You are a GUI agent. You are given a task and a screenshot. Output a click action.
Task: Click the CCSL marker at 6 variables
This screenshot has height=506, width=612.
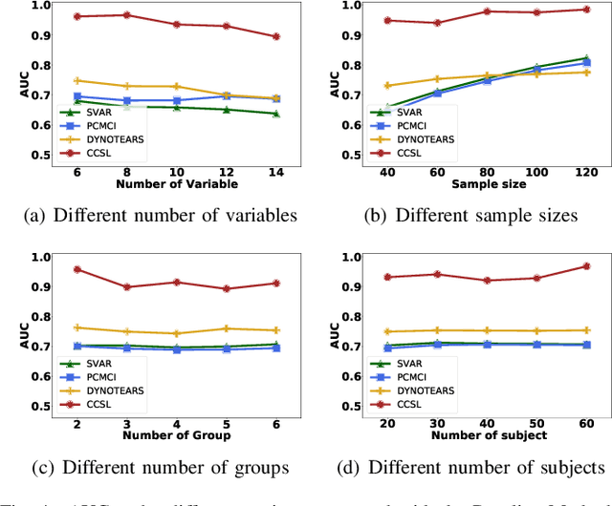pyautogui.click(x=77, y=16)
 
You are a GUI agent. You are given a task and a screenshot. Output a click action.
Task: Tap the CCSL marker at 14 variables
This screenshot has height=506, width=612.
pyautogui.click(x=275, y=36)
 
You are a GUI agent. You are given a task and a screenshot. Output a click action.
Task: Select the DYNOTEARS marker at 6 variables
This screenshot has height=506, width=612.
pyautogui.click(x=77, y=80)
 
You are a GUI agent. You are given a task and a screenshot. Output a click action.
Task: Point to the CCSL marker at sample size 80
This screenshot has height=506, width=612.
pyautogui.click(x=487, y=11)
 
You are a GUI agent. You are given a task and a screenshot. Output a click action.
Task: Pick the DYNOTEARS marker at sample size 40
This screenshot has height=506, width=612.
pyautogui.click(x=387, y=86)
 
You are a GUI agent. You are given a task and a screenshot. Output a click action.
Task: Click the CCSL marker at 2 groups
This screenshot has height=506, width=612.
pyautogui.click(x=77, y=269)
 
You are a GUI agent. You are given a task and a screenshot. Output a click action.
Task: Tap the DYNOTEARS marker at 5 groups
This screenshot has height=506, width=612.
pyautogui.click(x=227, y=328)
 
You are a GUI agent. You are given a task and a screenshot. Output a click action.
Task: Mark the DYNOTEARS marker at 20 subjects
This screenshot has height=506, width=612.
pyautogui.click(x=387, y=332)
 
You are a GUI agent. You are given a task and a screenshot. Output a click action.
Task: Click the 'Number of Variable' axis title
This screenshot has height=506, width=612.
pyautogui.click(x=177, y=182)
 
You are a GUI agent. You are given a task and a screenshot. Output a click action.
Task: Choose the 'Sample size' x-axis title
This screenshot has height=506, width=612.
pyautogui.click(x=487, y=182)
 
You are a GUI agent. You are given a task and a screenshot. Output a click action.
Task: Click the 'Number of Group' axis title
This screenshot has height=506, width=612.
pyautogui.click(x=177, y=435)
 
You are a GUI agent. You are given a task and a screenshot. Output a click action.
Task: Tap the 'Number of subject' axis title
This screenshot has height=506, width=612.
pyautogui.click(x=487, y=435)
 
